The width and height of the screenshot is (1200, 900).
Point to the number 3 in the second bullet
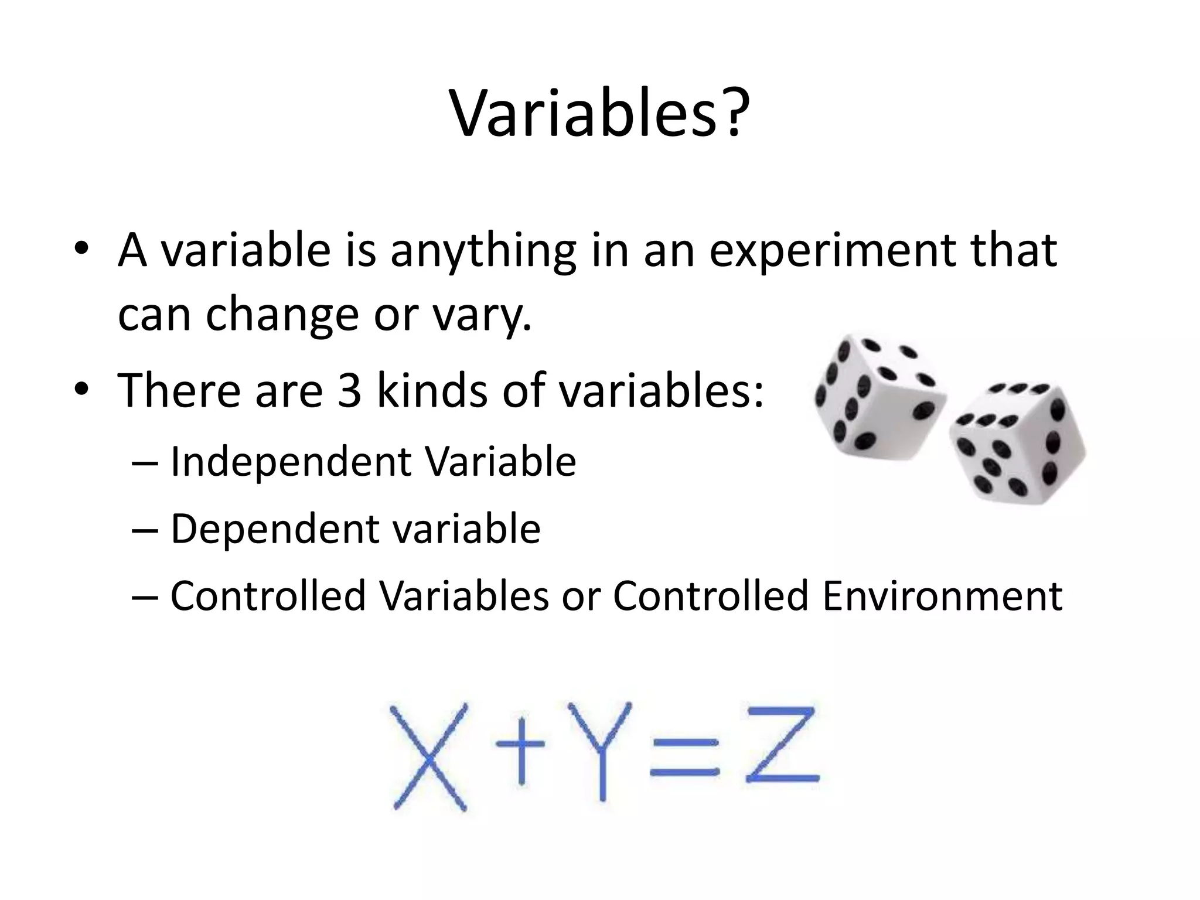click(349, 391)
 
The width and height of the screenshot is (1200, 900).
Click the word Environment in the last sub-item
click(942, 596)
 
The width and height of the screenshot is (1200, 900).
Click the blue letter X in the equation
click(429, 758)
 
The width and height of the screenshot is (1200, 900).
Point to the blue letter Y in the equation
click(602, 750)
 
